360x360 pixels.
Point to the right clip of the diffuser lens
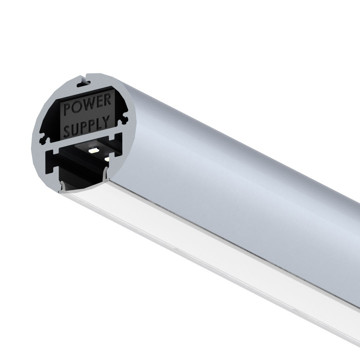[x=106, y=173]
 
